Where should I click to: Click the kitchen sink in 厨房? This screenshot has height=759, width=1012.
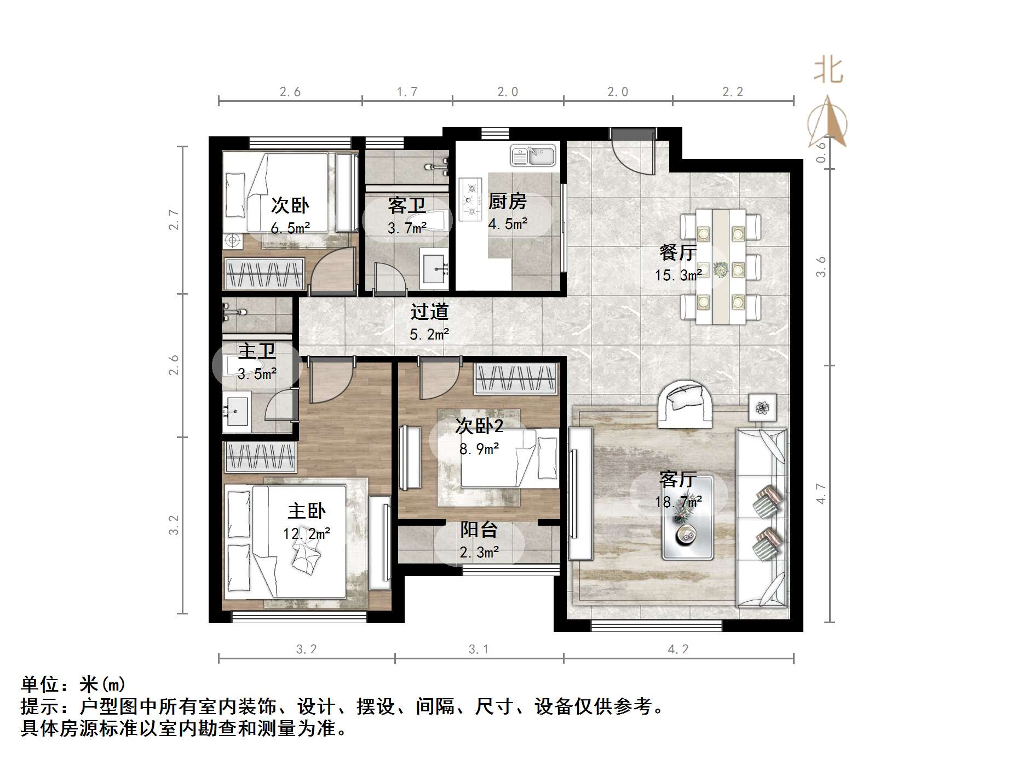[x=532, y=155]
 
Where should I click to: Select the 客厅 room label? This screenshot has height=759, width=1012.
[x=678, y=480]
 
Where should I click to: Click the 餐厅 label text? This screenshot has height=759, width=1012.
[x=678, y=252]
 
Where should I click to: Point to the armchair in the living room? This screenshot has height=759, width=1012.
[x=685, y=404]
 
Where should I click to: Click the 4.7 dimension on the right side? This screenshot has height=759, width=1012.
[x=820, y=493]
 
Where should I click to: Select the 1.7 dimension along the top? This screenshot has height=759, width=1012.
[x=407, y=92]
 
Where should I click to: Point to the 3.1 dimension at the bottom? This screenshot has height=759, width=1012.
[x=479, y=649]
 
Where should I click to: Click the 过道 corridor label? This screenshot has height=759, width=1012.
[x=429, y=312]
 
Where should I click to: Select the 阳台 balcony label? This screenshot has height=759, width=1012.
[x=479, y=530]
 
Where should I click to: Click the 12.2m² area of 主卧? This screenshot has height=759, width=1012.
[x=307, y=533]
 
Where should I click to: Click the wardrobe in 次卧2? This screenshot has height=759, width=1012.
[x=515, y=378]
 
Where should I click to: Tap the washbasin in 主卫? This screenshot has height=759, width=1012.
[x=236, y=411]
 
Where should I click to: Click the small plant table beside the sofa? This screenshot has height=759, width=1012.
[x=762, y=407]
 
